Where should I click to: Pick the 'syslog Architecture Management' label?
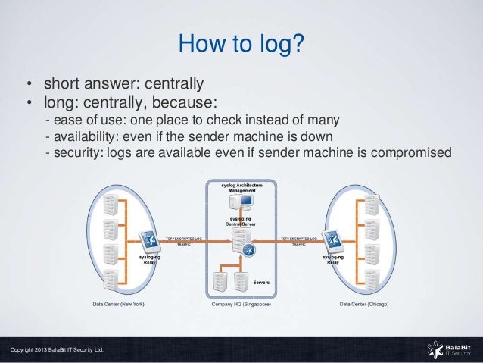[x=242, y=187]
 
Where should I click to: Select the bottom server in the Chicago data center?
[x=372, y=279]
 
